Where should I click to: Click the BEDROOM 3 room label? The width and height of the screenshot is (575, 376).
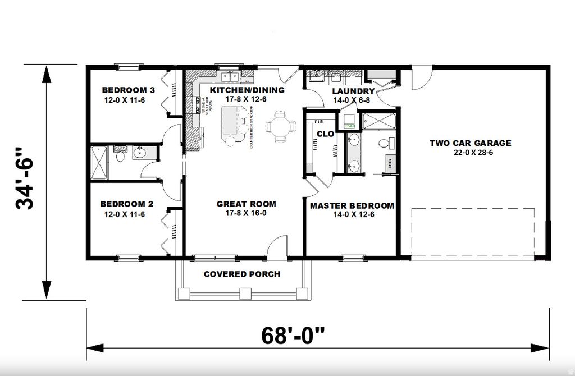click(128, 90)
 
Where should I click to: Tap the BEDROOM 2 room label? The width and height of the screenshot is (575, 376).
click(127, 204)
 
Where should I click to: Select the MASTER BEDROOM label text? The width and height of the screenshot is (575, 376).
click(352, 205)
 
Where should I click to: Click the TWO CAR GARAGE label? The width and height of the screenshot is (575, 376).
click(471, 143)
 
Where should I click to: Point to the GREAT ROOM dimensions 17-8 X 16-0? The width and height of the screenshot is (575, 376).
click(247, 213)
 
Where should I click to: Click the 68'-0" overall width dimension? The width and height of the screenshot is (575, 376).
click(293, 336)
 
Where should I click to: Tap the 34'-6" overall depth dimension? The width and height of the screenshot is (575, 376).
click(26, 178)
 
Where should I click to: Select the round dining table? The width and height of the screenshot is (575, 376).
click(279, 126)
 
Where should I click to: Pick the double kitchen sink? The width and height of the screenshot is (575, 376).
click(230, 76)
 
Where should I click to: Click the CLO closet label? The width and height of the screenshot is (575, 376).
click(325, 134)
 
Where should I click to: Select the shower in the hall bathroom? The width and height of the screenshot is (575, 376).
click(99, 163)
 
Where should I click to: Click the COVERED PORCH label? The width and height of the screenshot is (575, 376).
click(242, 274)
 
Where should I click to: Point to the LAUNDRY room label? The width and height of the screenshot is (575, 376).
click(353, 91)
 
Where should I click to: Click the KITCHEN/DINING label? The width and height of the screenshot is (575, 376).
click(247, 90)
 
